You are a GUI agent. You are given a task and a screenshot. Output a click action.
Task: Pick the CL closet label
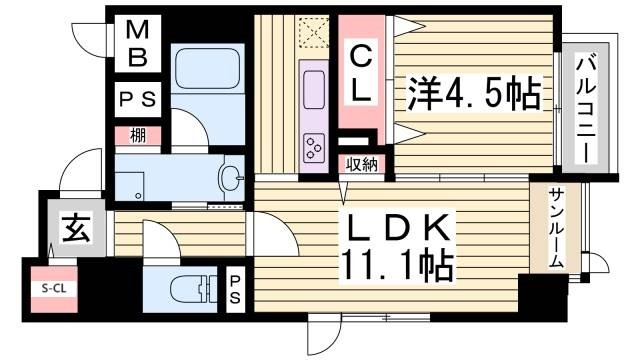pos(360,73)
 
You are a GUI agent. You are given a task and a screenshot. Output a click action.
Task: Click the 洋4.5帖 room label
pos(473,96)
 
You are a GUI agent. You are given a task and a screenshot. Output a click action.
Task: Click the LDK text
pos(392,228)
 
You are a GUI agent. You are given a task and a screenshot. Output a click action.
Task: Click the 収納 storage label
pos(360,165)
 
